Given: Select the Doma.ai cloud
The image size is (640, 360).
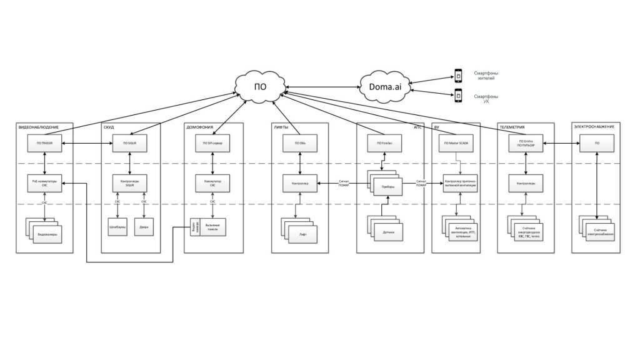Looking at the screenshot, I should coord(388,86).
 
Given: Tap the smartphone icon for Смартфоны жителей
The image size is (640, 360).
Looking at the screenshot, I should coord(457,76).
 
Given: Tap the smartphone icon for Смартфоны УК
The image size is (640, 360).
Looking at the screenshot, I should coord(457,96).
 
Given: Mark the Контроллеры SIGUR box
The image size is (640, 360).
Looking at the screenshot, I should coord(129,183).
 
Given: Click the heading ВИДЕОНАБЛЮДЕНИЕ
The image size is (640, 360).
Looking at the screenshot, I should coord(39,127).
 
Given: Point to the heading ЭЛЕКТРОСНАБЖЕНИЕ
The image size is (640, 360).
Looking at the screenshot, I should coord(594,127).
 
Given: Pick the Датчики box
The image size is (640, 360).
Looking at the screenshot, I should coord(388,231).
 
